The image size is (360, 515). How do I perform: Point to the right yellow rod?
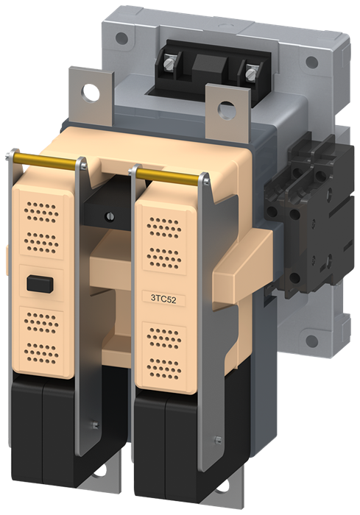point(170,174)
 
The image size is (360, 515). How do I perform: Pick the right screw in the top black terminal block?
point(252,72)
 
